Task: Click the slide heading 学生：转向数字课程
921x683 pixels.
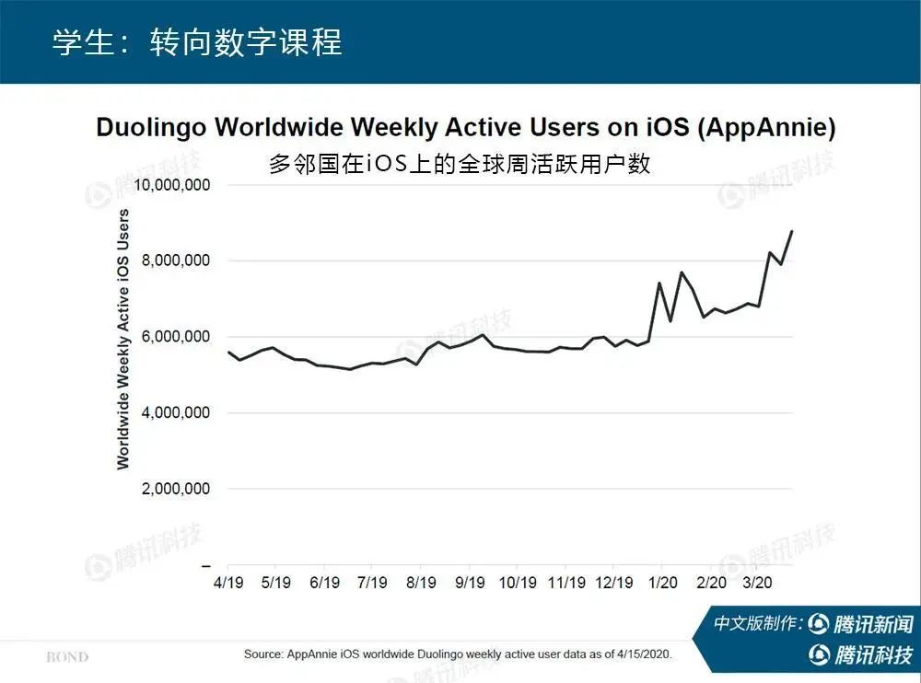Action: [x=196, y=42]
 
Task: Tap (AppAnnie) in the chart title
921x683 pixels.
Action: [x=765, y=128]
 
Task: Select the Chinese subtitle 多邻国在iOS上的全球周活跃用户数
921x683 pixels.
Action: [x=460, y=164]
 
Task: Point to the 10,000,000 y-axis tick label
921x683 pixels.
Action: [x=172, y=185]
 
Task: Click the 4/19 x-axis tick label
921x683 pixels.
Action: [x=227, y=583]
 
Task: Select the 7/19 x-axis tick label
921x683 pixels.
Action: [x=371, y=583]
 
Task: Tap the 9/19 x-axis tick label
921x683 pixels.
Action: [x=470, y=583]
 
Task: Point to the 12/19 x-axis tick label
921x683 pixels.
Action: [x=614, y=583]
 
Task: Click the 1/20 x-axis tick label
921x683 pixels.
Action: [x=662, y=583]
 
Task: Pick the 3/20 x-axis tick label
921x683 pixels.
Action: [x=758, y=583]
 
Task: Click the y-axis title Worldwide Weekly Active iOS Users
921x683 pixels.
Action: [x=123, y=339]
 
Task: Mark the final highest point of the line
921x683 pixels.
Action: [x=791, y=231]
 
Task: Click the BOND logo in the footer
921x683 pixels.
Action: [x=67, y=657]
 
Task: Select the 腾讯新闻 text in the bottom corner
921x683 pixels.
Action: [x=872, y=624]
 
